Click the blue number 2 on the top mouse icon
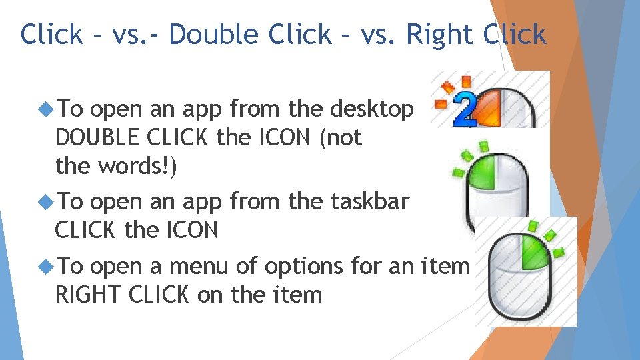point(465,111)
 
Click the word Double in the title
point(213,34)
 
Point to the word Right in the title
point(436,34)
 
